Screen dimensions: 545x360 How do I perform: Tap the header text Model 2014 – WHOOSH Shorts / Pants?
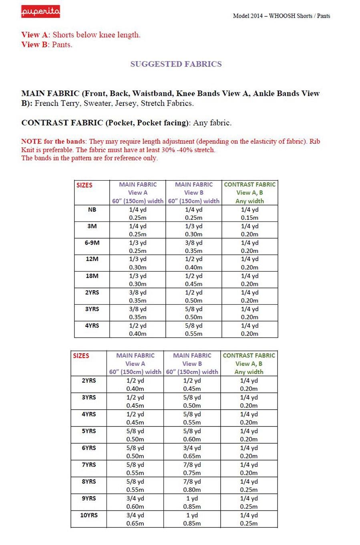click(281, 16)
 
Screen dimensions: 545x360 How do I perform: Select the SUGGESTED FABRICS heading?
click(176, 64)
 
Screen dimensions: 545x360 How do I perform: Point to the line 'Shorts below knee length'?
click(97, 35)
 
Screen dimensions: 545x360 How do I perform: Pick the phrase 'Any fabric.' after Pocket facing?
click(212, 123)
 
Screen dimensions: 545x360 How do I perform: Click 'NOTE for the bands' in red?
click(53, 141)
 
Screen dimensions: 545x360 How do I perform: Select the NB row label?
click(92, 210)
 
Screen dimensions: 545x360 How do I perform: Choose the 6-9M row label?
click(92, 243)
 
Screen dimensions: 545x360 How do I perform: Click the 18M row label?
click(92, 276)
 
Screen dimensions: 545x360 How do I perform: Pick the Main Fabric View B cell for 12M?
click(193, 263)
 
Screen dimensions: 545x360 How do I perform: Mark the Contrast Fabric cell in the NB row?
click(249, 214)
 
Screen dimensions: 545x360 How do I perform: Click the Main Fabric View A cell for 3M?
click(137, 230)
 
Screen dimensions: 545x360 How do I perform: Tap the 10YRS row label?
click(89, 515)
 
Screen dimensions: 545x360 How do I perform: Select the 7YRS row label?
click(89, 465)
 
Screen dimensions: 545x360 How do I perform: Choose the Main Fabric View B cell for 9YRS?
click(192, 503)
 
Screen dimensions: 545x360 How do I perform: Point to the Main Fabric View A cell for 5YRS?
click(135, 435)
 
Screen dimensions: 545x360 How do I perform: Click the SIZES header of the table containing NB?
click(84, 185)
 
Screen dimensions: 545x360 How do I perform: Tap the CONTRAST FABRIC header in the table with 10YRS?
click(249, 356)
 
